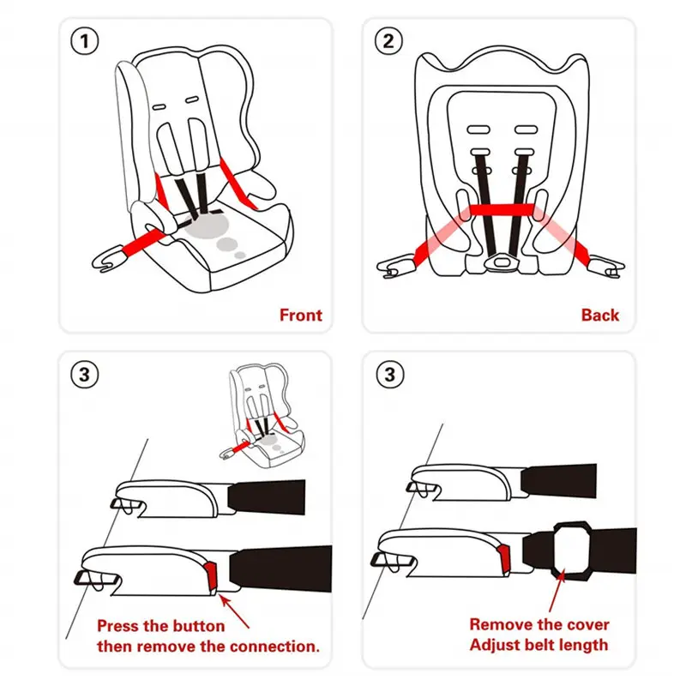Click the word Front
click(x=301, y=315)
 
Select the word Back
click(x=599, y=315)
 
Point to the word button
click(x=197, y=626)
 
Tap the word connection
click(x=272, y=646)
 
